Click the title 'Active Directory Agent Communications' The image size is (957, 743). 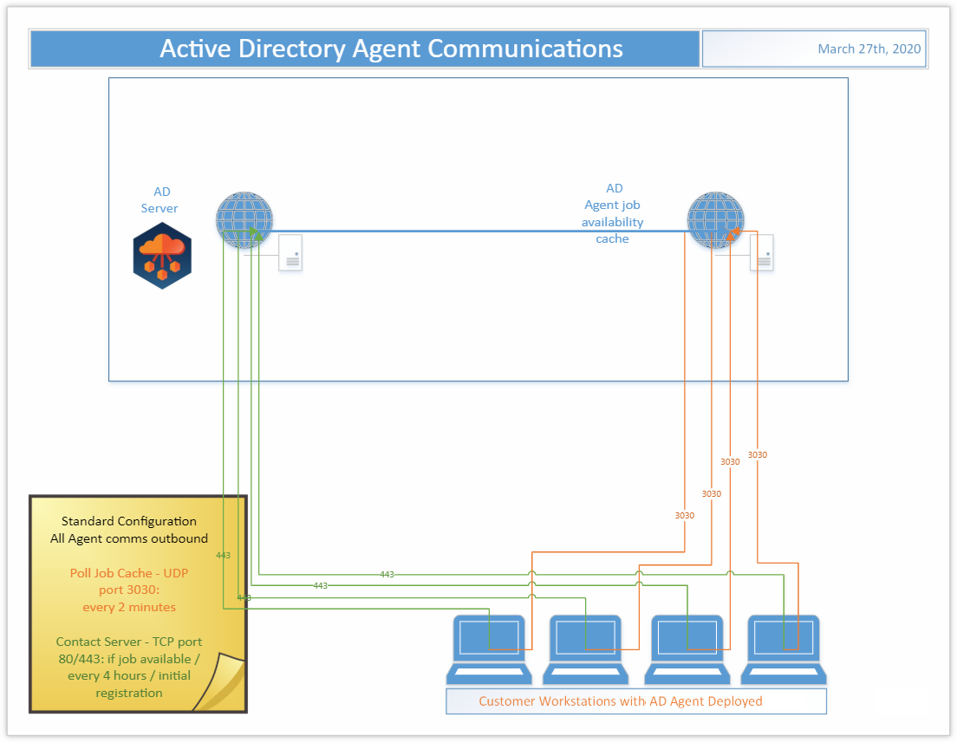pos(391,49)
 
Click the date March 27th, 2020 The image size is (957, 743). pos(869,49)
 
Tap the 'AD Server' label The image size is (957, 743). pos(160,199)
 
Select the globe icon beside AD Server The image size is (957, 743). pos(244,219)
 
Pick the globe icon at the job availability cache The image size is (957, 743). pos(715,219)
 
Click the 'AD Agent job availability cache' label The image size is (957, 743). pos(613,213)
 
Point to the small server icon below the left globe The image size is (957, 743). pos(290,252)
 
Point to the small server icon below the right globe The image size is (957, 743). pos(762,252)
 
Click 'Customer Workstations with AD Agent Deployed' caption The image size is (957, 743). pos(621,701)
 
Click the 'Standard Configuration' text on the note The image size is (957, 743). pos(129,521)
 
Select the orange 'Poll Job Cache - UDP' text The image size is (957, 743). pos(129,573)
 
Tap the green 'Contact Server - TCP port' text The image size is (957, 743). pos(129,642)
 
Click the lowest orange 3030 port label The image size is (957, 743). pos(685,515)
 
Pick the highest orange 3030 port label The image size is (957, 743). pos(758,454)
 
